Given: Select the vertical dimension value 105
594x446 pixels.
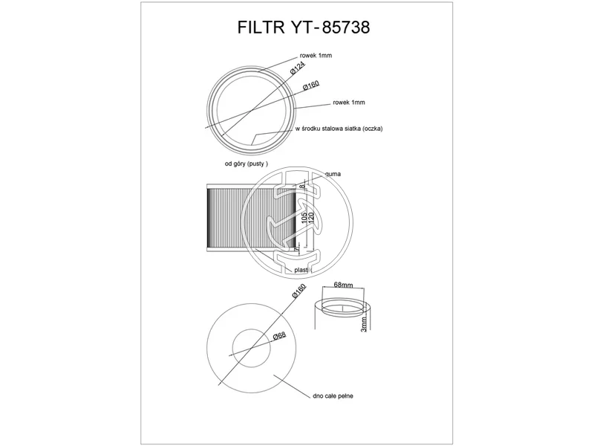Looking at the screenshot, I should click(x=304, y=217).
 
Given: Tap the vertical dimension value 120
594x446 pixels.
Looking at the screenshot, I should click(x=312, y=217).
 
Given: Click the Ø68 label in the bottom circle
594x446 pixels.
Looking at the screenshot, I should click(x=279, y=336).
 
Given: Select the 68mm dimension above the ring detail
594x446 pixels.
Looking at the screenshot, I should click(x=343, y=284).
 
